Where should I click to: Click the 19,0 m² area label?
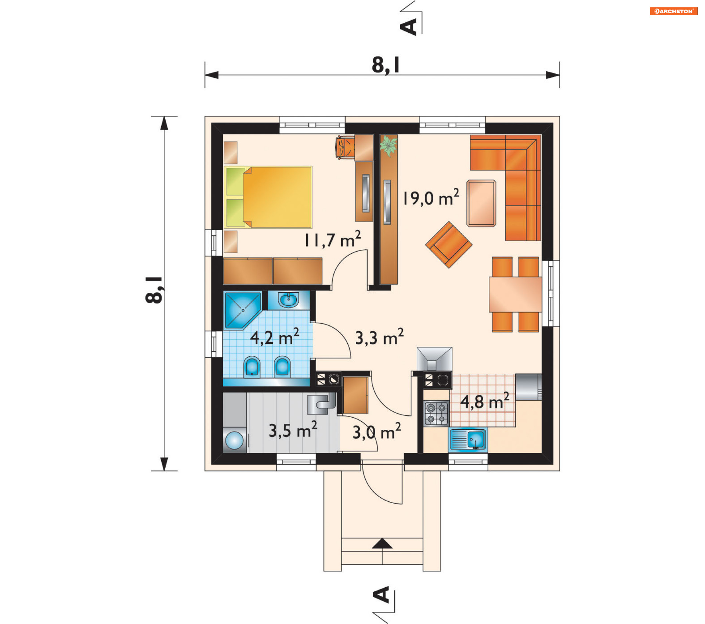point(431,197)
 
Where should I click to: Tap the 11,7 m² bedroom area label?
point(333,240)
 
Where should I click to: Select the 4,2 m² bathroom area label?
point(275,337)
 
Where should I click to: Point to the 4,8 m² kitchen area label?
point(485,401)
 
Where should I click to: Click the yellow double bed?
point(268,197)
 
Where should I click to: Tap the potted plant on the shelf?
point(388,145)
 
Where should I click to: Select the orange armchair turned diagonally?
point(449,245)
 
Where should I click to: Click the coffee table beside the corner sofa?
point(481,203)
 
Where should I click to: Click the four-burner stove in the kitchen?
point(437,413)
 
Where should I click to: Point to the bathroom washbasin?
point(289,300)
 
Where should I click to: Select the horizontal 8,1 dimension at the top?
point(382,75)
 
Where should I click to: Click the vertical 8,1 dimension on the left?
point(164,293)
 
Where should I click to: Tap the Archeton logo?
point(674,11)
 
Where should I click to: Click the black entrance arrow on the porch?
point(382,544)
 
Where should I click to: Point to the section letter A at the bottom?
point(382,595)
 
